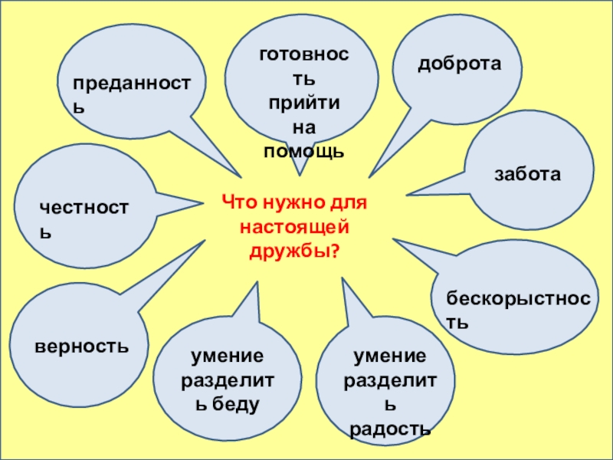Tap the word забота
(x=527, y=175)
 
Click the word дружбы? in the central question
(x=295, y=250)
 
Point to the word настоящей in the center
(x=295, y=227)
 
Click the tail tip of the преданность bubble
(x=239, y=172)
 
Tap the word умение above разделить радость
(x=389, y=356)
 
